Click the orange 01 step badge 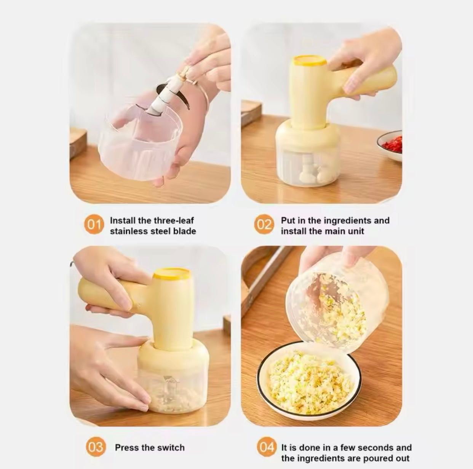click(92, 224)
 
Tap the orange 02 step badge click(264, 224)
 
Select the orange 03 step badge click(95, 447)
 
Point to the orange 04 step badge click(266, 447)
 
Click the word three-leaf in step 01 click(173, 220)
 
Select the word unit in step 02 click(356, 231)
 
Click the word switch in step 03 click(171, 448)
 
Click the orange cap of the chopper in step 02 click(309, 61)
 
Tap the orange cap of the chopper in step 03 click(172, 274)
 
